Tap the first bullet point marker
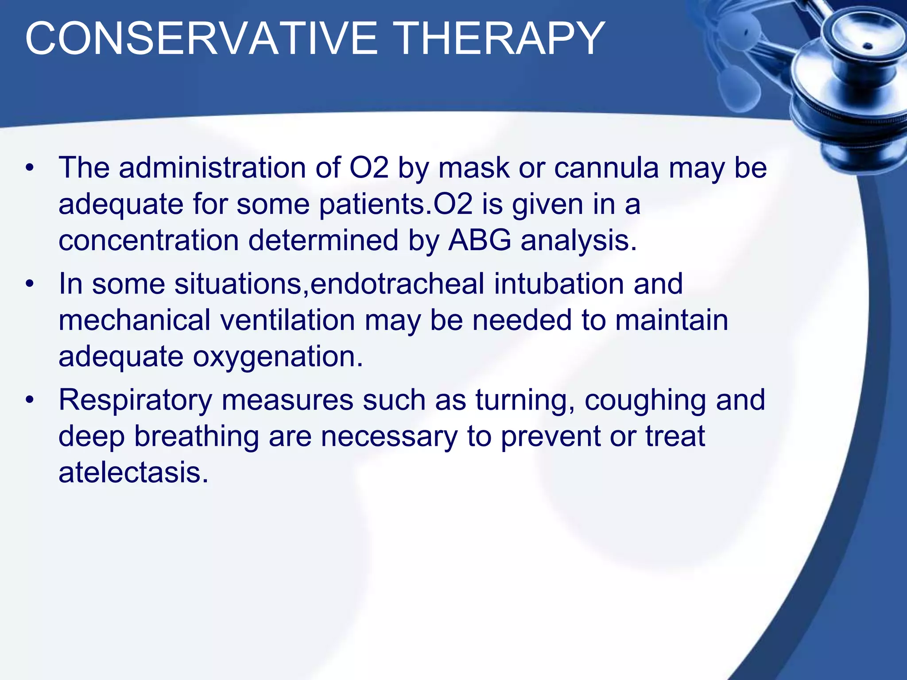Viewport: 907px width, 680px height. tap(29, 168)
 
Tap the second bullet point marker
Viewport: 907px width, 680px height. tap(29, 284)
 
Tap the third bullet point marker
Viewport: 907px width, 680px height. tap(29, 400)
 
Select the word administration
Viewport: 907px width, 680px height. tap(212, 168)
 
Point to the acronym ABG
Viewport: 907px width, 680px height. tap(480, 241)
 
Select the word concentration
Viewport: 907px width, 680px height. tap(149, 241)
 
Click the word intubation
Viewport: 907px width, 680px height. tap(559, 284)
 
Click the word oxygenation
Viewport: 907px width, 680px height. tap(277, 357)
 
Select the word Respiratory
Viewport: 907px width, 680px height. tap(136, 400)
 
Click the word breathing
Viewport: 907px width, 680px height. tap(197, 437)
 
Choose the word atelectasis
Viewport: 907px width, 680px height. tap(133, 473)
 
